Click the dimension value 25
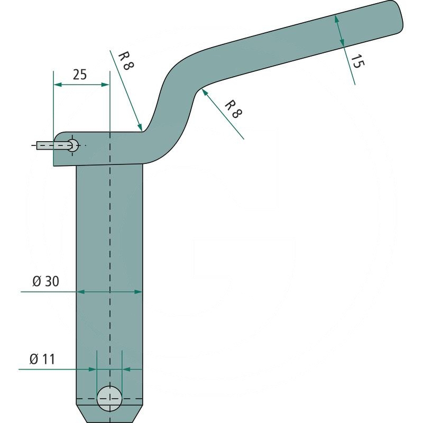(x=80, y=75)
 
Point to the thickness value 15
(x=357, y=61)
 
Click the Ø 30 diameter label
(x=45, y=282)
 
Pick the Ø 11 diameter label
(x=42, y=360)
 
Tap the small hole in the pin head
(x=73, y=145)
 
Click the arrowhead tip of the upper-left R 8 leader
(x=141, y=130)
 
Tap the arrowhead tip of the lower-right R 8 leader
(x=202, y=90)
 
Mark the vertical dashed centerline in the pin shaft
(x=109, y=238)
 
